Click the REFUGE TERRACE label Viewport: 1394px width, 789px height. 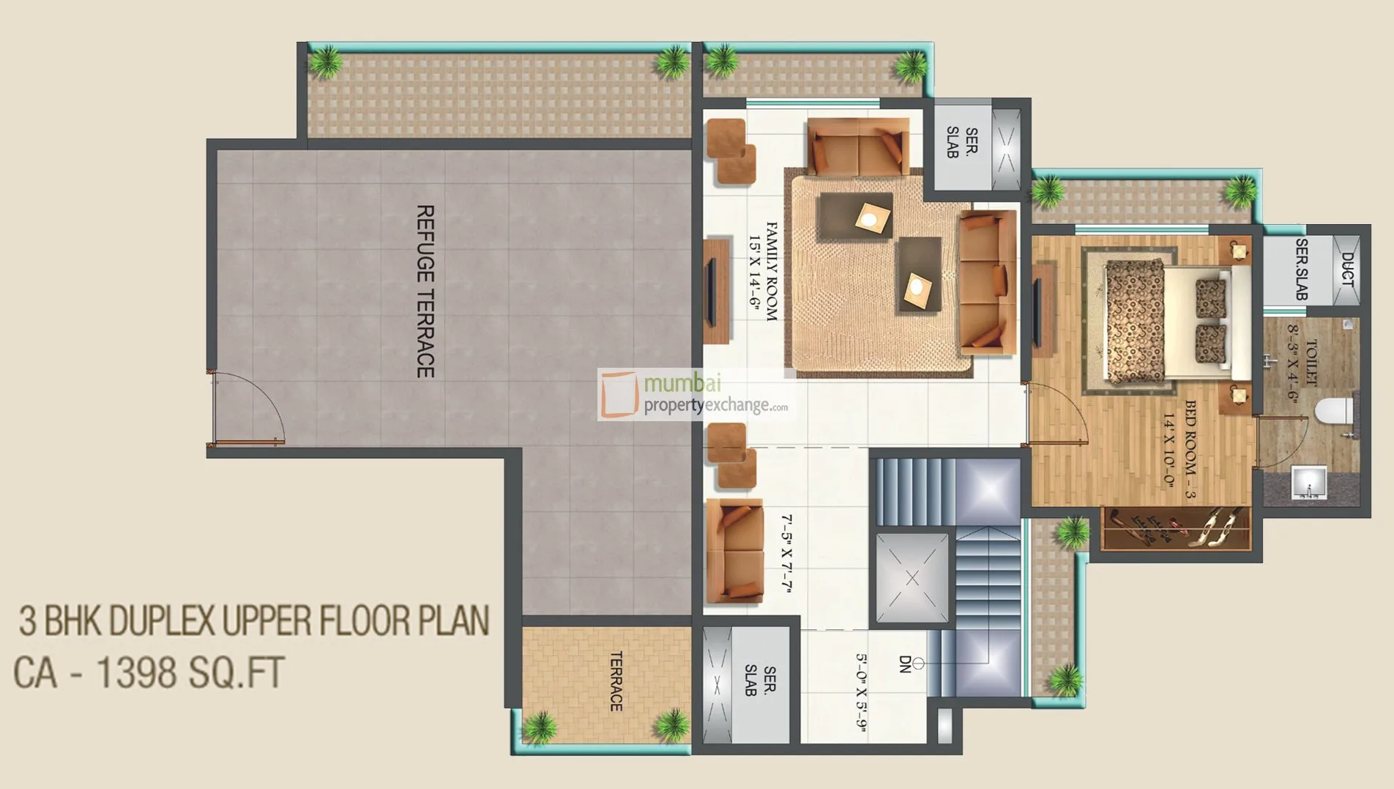point(425,292)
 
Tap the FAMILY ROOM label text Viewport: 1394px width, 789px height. point(771,272)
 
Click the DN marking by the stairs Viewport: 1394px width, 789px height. point(905,664)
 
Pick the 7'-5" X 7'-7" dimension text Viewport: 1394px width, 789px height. point(787,553)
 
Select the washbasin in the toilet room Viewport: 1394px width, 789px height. point(1308,483)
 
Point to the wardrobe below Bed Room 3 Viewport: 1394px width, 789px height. point(1176,528)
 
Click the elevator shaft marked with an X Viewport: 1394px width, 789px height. point(912,579)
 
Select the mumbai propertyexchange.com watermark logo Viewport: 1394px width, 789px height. point(694,394)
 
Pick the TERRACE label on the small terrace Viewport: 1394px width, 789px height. point(616,681)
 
